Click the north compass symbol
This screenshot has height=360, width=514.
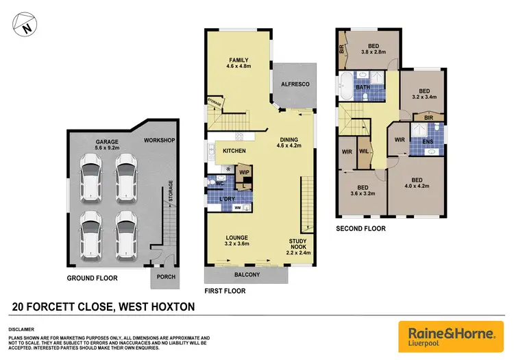(25, 28)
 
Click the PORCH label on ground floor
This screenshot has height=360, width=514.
(167, 277)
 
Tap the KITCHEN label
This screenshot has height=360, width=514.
(234, 150)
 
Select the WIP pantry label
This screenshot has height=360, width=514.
(244, 172)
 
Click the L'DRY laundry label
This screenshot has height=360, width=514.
(227, 197)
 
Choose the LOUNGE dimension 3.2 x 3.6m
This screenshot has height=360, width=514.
(237, 243)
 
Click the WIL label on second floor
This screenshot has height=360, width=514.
(364, 150)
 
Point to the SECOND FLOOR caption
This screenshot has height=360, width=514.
(360, 228)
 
